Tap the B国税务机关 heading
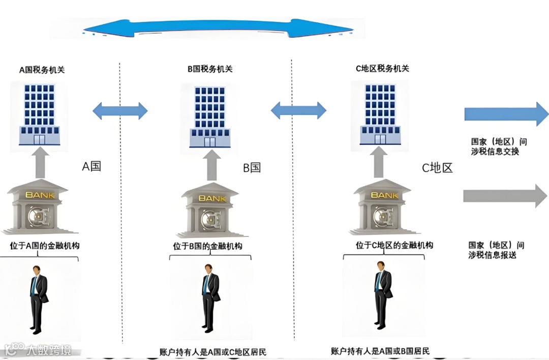209,69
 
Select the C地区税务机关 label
382,68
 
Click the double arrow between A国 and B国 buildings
120,110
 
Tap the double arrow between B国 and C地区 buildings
298,110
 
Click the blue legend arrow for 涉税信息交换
506,113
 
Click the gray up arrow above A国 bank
41,163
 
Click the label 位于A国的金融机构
45,246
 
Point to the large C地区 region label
437,168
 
